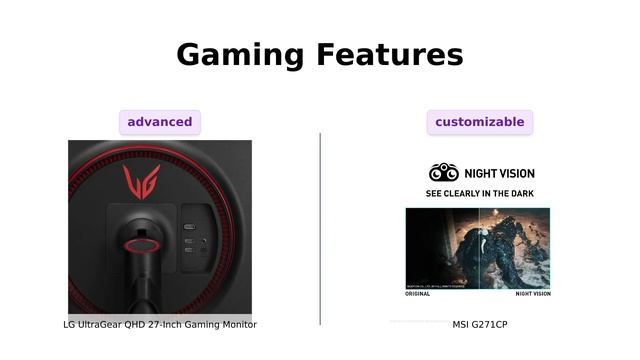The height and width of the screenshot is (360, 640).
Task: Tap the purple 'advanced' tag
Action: click(160, 122)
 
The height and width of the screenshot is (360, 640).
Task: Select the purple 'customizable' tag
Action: click(480, 122)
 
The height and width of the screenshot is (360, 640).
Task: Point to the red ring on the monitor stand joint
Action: click(140, 241)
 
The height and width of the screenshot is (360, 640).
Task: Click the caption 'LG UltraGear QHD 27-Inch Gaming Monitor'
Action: click(160, 325)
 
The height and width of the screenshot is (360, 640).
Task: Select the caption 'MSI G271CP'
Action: click(480, 325)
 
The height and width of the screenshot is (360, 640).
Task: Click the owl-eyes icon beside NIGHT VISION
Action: click(443, 172)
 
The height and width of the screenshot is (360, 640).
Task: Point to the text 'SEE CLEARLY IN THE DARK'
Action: click(479, 193)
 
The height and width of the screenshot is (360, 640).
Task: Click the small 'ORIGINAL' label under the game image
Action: click(417, 294)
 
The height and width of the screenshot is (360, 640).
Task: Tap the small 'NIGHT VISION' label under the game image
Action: click(532, 294)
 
